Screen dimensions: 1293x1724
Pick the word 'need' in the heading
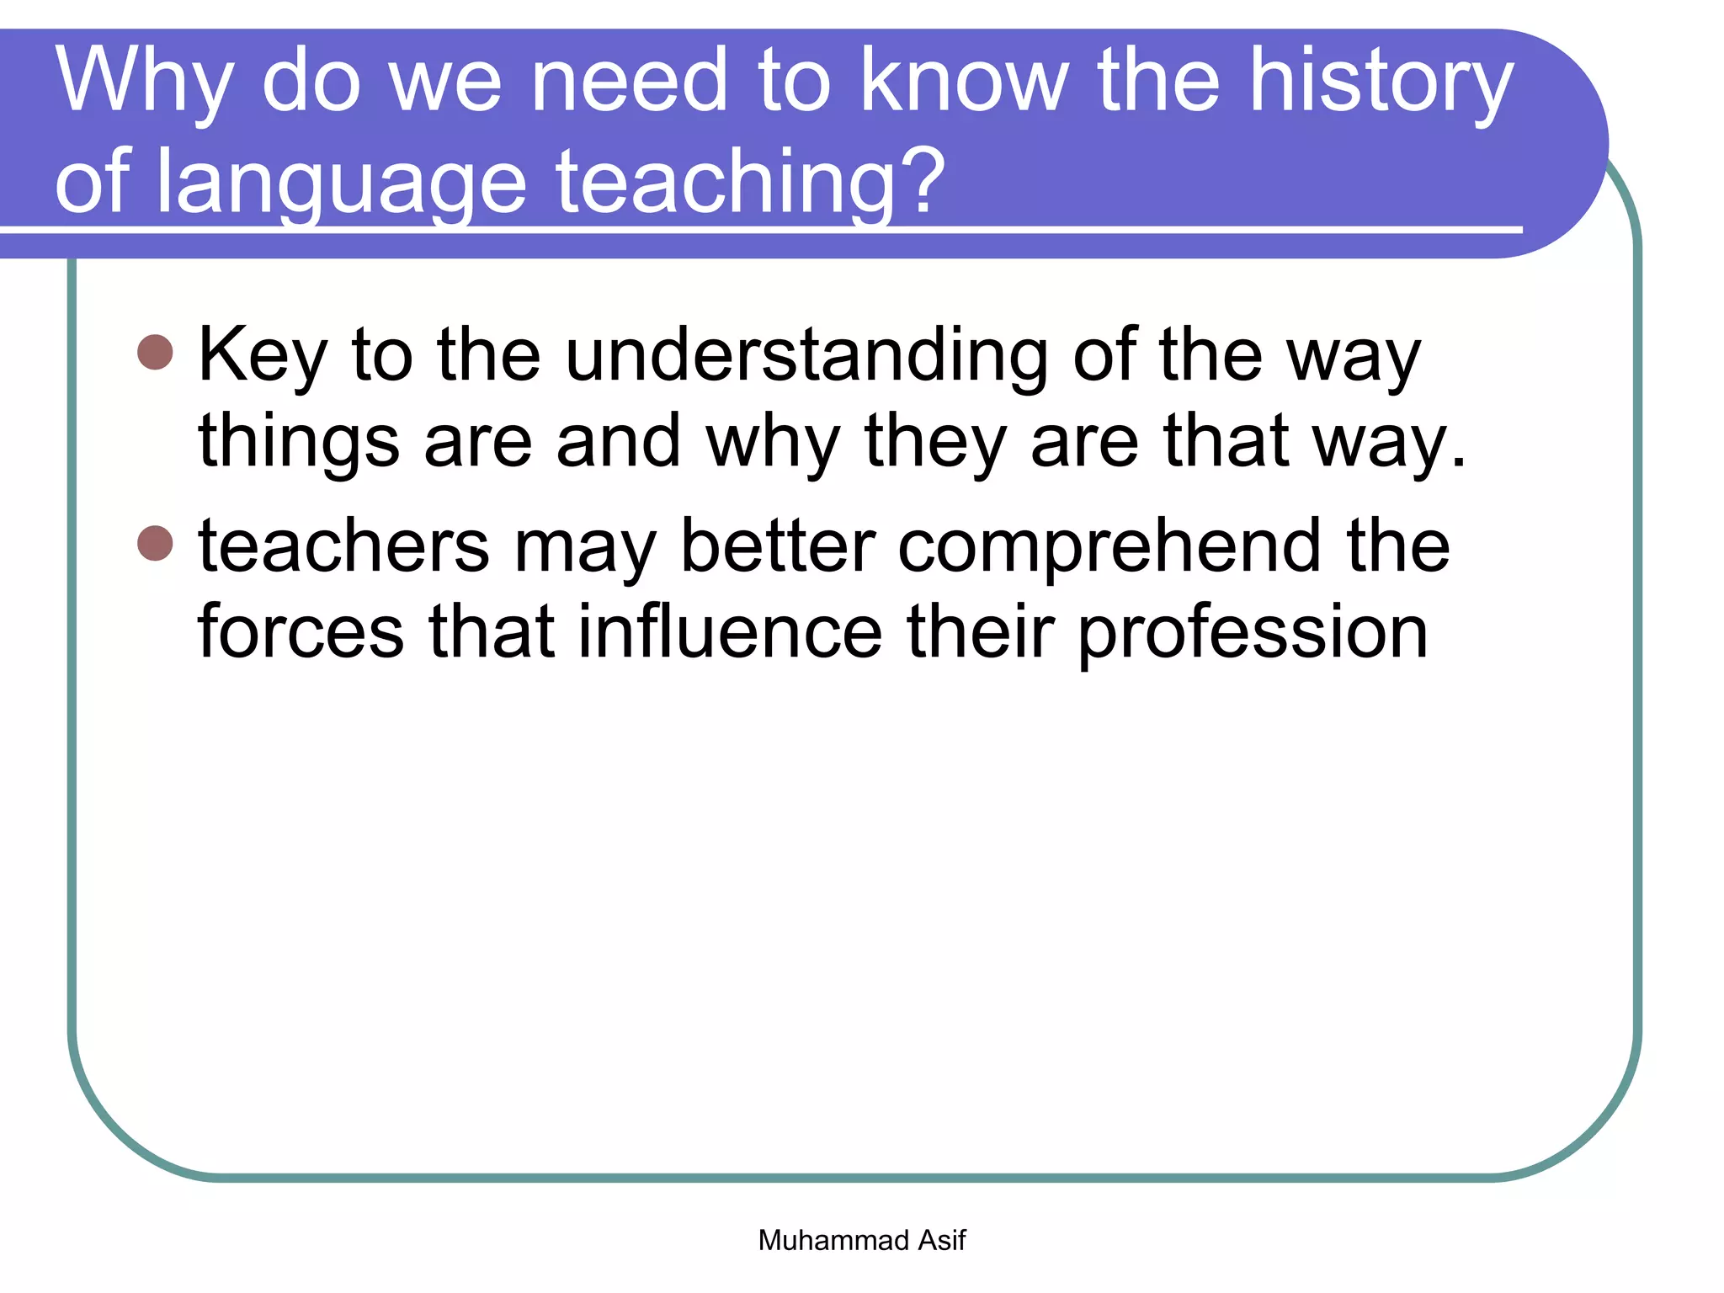tap(629, 82)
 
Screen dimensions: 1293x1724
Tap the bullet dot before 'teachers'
tap(155, 543)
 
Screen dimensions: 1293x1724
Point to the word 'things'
tap(298, 443)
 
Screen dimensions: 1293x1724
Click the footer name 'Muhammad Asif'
tap(861, 1240)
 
